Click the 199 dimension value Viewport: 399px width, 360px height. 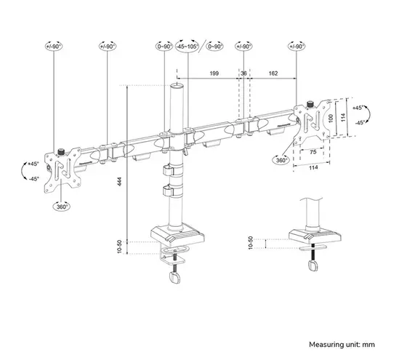pos(213,73)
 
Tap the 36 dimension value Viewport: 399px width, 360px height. pos(243,73)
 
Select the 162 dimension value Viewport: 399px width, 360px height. pos(274,73)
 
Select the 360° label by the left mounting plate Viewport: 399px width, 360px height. pos(62,206)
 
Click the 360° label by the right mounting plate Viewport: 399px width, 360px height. pos(281,159)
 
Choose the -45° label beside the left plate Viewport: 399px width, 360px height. pos(34,178)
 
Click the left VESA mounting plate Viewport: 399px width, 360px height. pos(60,170)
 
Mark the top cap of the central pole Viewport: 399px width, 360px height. pos(175,87)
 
